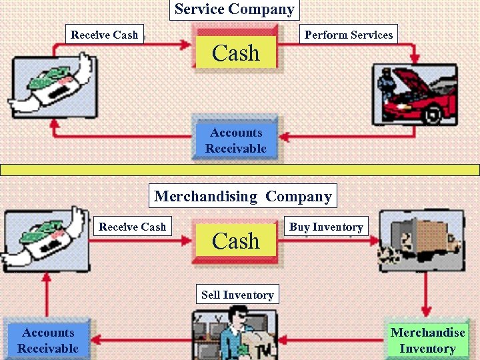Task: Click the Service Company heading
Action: click(234, 9)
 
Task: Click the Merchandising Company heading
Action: click(243, 196)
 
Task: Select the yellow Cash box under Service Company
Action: click(235, 53)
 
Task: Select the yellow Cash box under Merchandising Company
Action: click(235, 241)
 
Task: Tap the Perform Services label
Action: click(348, 35)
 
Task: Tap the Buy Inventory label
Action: click(326, 227)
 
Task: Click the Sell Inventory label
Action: click(237, 295)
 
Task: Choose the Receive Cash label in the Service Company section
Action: click(105, 35)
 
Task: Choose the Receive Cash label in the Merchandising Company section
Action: click(133, 227)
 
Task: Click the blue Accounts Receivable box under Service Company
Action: click(235, 140)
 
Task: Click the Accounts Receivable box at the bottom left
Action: click(48, 340)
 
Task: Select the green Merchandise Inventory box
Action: click(427, 340)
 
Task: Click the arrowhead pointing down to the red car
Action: click(415, 58)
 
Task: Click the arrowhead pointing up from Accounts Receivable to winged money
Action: click(46, 279)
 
